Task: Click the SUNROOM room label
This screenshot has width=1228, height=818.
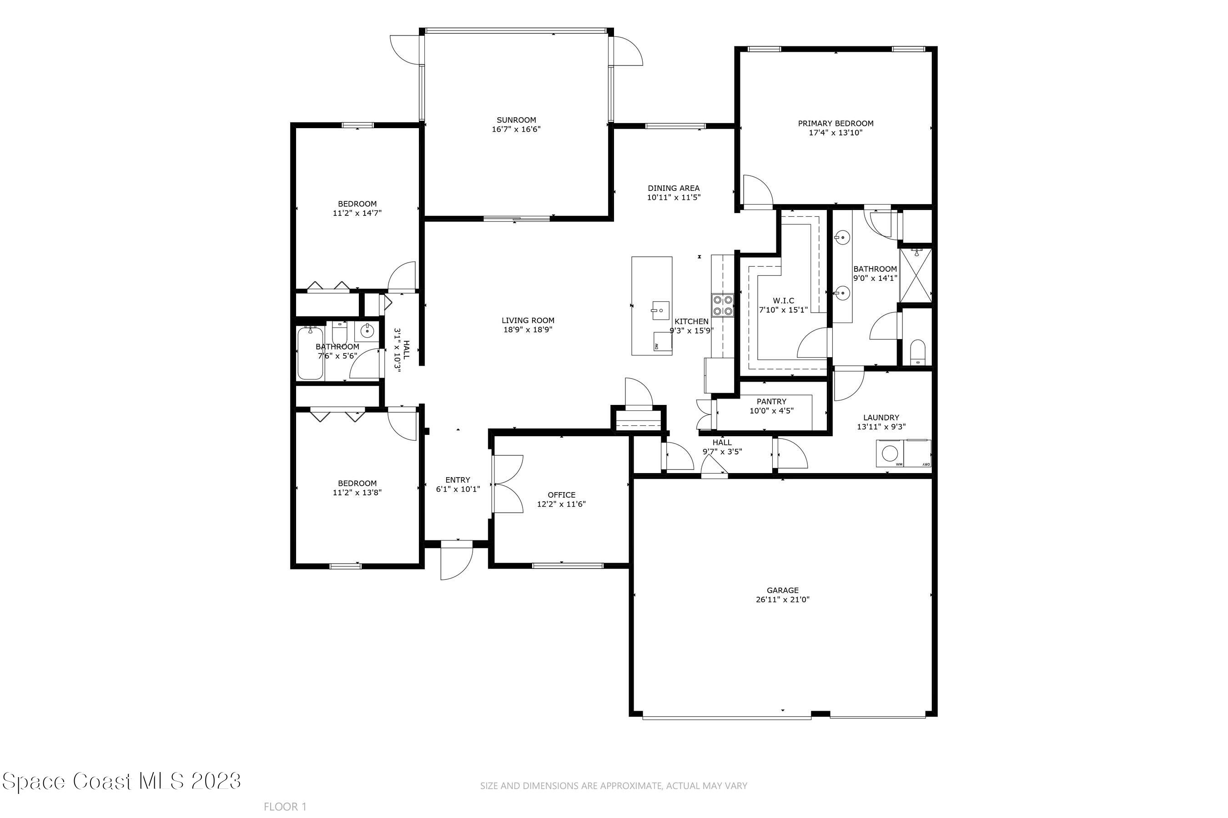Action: click(x=516, y=120)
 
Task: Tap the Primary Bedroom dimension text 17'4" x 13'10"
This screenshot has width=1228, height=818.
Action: click(x=835, y=133)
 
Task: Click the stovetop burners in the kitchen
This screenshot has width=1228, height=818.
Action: click(x=722, y=306)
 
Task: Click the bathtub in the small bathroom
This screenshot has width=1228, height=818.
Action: click(x=310, y=353)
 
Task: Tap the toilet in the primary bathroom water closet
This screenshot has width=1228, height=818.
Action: click(x=917, y=353)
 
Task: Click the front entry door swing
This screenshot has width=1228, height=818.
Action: click(x=455, y=560)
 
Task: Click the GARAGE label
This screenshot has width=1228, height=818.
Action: click(x=783, y=590)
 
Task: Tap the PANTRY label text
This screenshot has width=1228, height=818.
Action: click(x=771, y=402)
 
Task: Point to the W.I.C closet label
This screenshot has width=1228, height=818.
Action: click(x=783, y=300)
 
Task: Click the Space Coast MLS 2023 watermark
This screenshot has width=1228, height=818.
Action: click(x=121, y=781)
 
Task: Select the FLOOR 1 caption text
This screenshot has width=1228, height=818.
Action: click(x=285, y=807)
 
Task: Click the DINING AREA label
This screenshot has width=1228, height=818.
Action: click(x=674, y=188)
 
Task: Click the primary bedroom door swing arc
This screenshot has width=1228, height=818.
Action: click(x=758, y=191)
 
